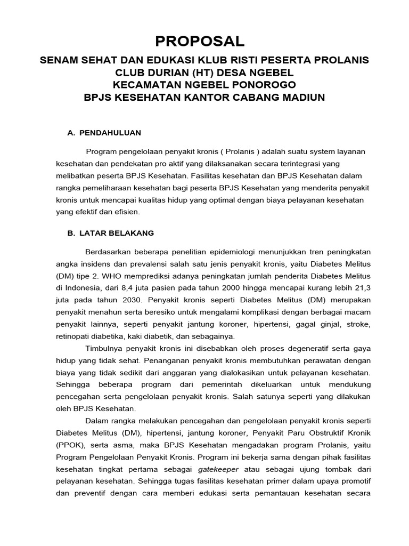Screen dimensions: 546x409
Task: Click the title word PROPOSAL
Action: (x=200, y=41)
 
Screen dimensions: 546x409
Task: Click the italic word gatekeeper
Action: (x=218, y=470)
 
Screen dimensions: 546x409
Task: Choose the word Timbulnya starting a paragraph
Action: (x=104, y=348)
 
